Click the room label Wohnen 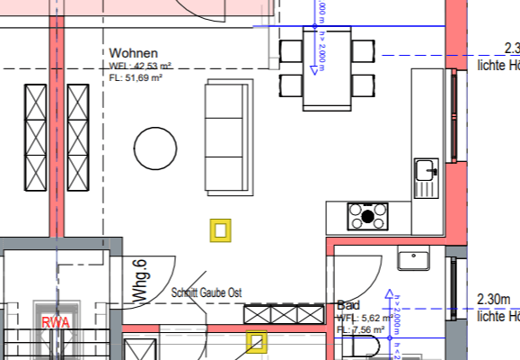point(133,53)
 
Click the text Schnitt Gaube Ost point(206,293)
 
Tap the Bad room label point(348,306)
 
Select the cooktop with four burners point(369,216)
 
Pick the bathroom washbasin point(417,260)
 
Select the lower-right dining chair point(362,85)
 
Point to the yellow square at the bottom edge point(258,343)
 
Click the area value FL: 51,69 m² point(138,78)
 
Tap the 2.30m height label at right point(498,300)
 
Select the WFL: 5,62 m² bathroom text point(361,319)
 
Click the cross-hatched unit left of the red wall point(35,138)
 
